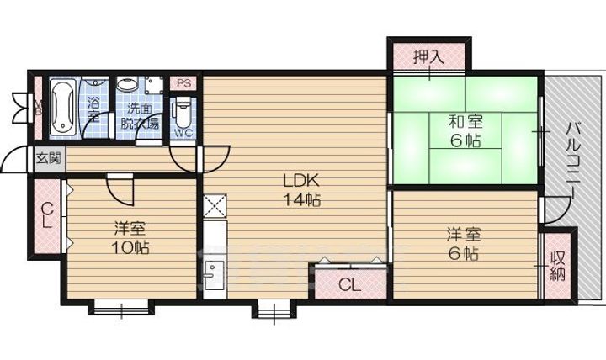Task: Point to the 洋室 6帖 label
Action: click(x=463, y=242)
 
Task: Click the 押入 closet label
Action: click(x=428, y=57)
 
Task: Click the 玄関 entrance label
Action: click(x=47, y=157)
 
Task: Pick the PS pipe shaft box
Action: click(x=183, y=84)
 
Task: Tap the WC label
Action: click(x=183, y=133)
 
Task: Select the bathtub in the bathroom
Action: click(x=61, y=107)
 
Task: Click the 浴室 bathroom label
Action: click(x=94, y=109)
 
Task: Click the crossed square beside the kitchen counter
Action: click(x=213, y=205)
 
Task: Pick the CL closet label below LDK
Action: click(x=348, y=284)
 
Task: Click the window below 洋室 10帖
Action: click(x=120, y=308)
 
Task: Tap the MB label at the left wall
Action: click(x=37, y=107)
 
